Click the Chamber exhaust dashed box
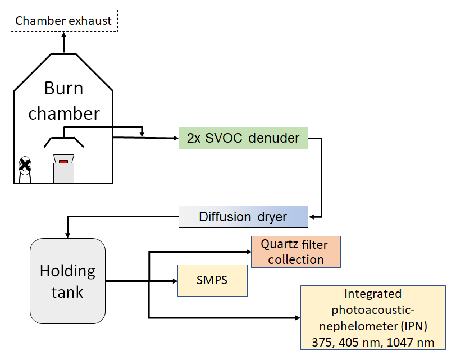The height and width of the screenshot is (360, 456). pos(63,21)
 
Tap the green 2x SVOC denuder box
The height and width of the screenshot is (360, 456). pos(243,138)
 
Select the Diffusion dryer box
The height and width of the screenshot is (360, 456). pos(243,217)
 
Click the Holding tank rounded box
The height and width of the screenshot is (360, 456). pos(67,280)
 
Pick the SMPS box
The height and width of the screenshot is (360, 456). pos(212,280)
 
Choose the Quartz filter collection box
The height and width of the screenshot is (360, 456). pos(296,252)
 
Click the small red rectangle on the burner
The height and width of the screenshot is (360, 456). pos(63,162)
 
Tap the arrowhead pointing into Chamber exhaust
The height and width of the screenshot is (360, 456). pos(63,35)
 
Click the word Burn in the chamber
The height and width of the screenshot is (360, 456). pos(63,89)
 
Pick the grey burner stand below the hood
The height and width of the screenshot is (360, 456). pos(63,173)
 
